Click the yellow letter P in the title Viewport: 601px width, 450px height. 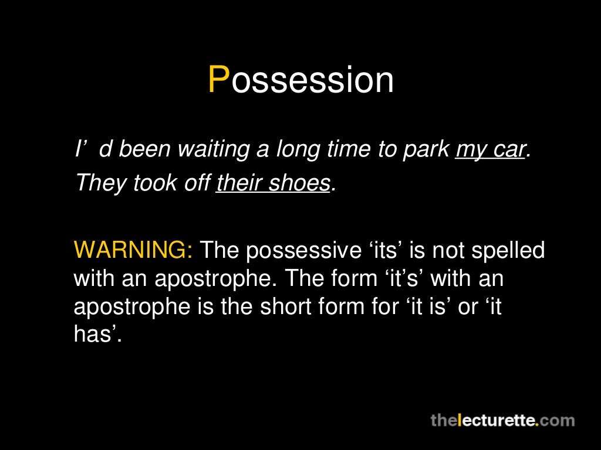218,80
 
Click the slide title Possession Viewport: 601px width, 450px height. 300,80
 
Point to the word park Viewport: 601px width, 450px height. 425,151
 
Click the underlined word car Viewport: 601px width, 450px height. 505,151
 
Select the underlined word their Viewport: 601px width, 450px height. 239,183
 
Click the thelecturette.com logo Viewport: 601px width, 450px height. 502,420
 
